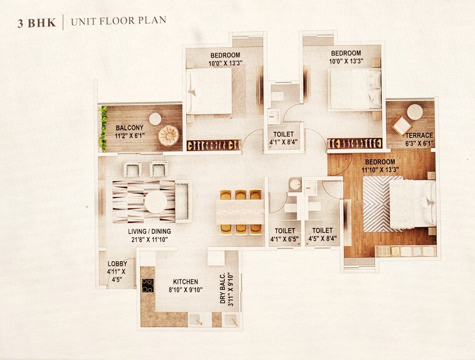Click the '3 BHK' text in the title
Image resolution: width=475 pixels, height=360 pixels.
point(37,23)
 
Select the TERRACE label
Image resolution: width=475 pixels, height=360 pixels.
point(419,135)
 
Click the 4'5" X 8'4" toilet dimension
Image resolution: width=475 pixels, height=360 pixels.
point(322,238)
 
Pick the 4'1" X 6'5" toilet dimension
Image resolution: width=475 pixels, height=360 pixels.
point(284,238)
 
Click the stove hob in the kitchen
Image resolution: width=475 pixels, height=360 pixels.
point(147,286)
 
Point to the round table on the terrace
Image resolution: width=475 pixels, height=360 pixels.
point(414,112)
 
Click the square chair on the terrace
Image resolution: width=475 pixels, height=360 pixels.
point(401,126)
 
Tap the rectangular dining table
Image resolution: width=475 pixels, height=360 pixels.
point(241,211)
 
